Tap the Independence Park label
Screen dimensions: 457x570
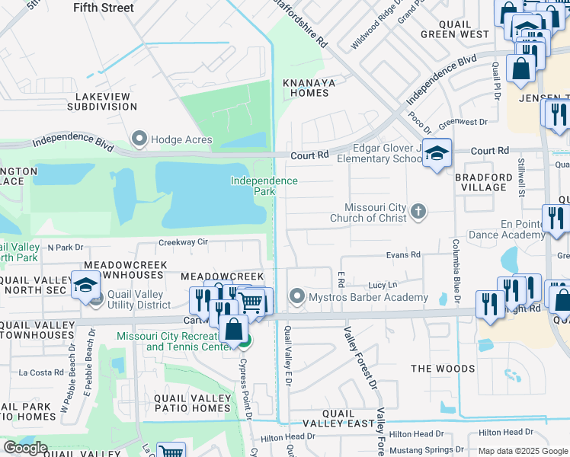click(x=264, y=186)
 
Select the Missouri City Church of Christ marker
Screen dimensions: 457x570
click(x=418, y=212)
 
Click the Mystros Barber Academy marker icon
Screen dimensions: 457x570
click(x=296, y=296)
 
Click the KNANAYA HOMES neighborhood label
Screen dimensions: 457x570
click(x=306, y=88)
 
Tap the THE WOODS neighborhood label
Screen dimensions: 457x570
click(x=442, y=369)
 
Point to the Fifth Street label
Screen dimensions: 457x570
click(x=104, y=8)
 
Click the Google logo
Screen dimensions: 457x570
click(x=25, y=448)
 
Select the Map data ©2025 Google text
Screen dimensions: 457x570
click(x=523, y=451)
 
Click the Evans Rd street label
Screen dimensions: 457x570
click(x=403, y=255)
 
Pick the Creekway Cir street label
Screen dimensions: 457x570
click(x=183, y=242)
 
